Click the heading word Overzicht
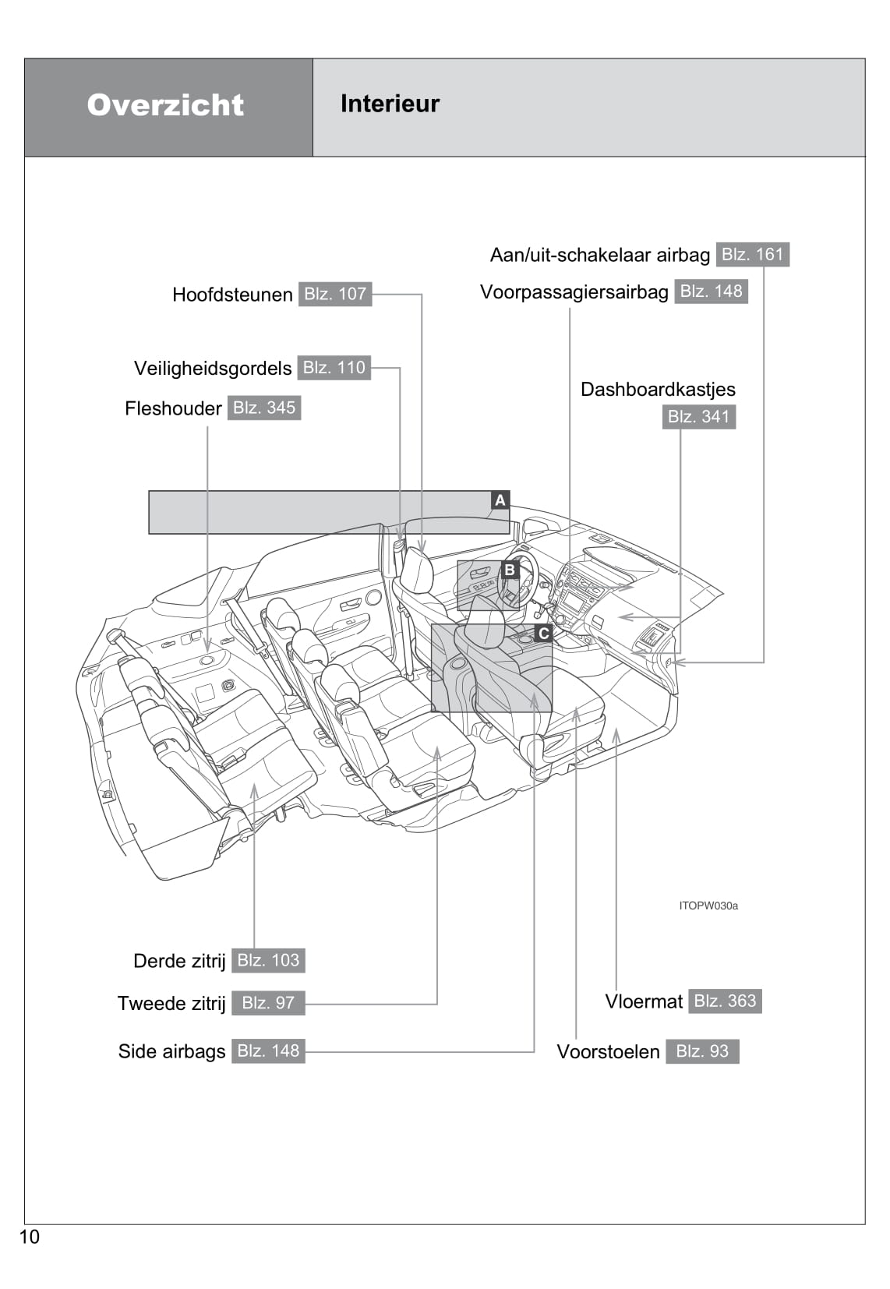coord(165,105)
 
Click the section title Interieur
coord(390,104)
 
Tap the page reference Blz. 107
coord(335,294)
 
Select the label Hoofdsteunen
coord(232,295)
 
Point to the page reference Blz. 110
coord(334,368)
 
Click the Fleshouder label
coord(173,408)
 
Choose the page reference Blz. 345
coord(264,408)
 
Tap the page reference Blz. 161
coord(752,254)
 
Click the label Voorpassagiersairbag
coord(574,292)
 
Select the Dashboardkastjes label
coord(658,389)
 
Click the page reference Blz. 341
coord(698,416)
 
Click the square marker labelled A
coord(500,500)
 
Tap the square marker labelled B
coord(510,570)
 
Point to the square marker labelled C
coord(543,633)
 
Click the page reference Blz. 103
coord(268,960)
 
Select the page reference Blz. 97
coord(268,1003)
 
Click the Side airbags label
coord(171,1051)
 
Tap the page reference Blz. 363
coord(725,1001)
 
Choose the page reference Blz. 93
coord(702,1051)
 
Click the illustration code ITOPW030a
coord(708,906)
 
